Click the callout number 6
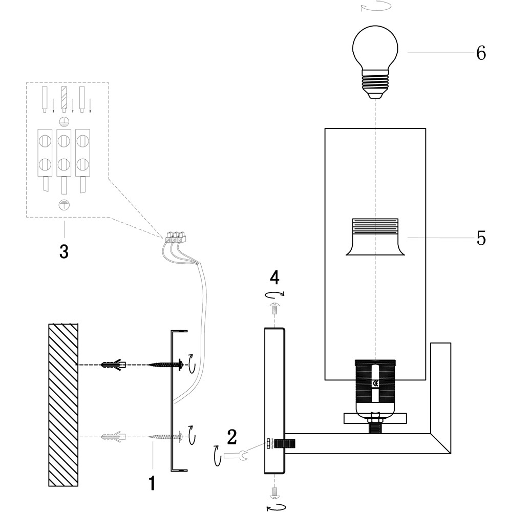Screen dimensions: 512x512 coord(481,53)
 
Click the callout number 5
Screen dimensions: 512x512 coord(481,238)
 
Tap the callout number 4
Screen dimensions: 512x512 coord(275,278)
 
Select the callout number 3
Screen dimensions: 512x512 coord(63,251)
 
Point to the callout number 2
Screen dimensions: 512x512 coord(232,437)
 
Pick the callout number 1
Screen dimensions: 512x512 coord(152,483)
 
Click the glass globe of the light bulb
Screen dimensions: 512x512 coord(375,49)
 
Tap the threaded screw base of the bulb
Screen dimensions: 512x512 coord(375,84)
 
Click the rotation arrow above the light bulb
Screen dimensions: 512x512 coord(375,7)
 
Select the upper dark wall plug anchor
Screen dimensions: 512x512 coord(114,365)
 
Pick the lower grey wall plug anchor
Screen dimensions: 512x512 coord(114,437)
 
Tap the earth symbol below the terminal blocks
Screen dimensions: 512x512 coord(64,204)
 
